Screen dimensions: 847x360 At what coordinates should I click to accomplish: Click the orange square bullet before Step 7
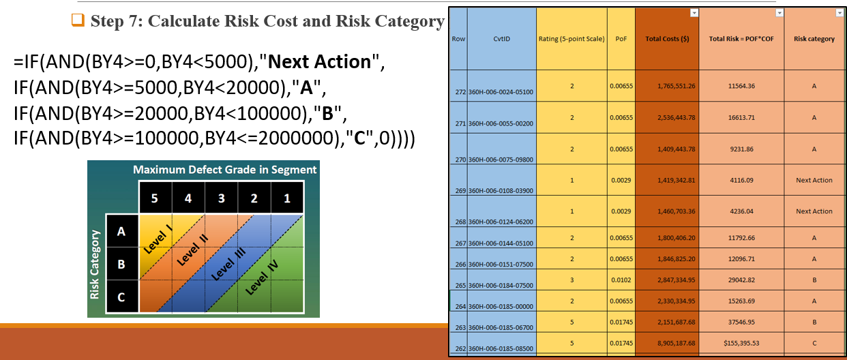pyautogui.click(x=78, y=20)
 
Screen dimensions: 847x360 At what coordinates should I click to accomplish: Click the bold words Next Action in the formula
pyautogui.click(x=320, y=61)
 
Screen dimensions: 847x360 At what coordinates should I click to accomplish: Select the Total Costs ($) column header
pyautogui.click(x=667, y=39)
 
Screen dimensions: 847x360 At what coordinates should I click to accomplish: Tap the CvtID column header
pyautogui.click(x=501, y=39)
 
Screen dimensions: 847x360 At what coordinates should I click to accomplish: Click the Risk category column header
pyautogui.click(x=814, y=39)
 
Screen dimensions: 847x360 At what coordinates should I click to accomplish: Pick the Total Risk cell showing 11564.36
pyautogui.click(x=741, y=86)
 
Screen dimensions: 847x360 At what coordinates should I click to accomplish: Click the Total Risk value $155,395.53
pyautogui.click(x=741, y=343)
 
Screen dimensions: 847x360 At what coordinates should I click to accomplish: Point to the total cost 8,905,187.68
pyautogui.click(x=676, y=343)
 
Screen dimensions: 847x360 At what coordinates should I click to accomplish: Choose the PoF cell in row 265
pyautogui.click(x=621, y=280)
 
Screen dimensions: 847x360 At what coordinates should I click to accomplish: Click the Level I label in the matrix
pyautogui.click(x=158, y=239)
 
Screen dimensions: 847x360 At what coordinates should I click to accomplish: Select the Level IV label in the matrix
pyautogui.click(x=262, y=277)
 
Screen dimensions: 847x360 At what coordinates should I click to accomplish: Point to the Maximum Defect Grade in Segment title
pyautogui.click(x=224, y=169)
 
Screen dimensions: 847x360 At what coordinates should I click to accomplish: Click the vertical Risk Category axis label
pyautogui.click(x=94, y=265)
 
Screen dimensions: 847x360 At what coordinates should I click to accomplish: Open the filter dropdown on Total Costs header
pyautogui.click(x=694, y=13)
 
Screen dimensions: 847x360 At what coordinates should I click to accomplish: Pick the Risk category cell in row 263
pyautogui.click(x=814, y=322)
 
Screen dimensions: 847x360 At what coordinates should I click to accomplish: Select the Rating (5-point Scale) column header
pyautogui.click(x=571, y=39)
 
